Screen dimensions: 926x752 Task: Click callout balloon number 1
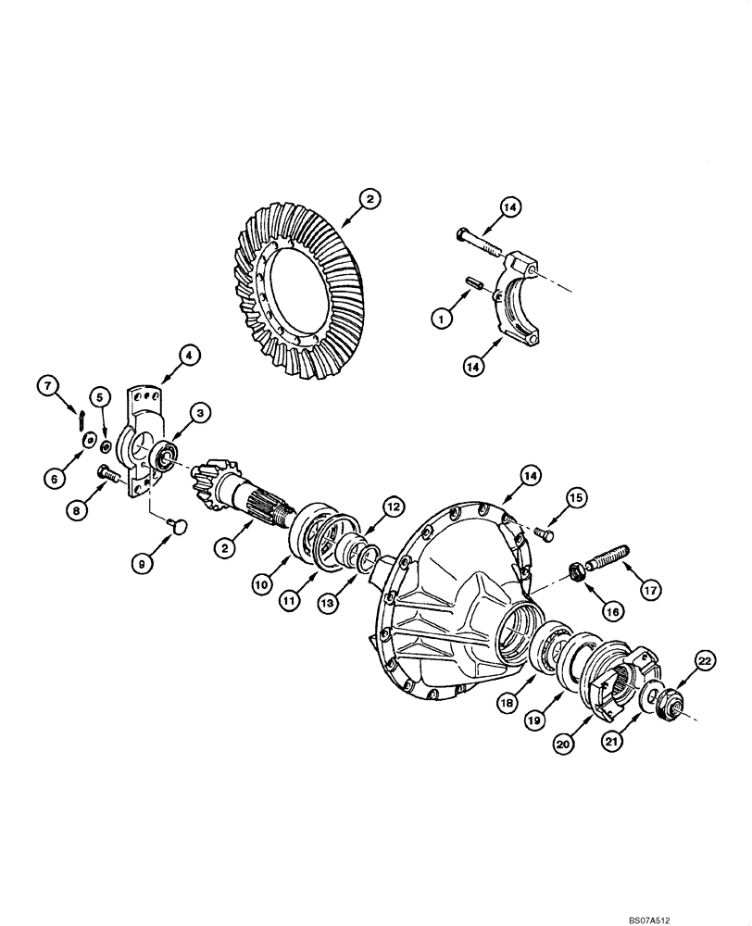pos(443,318)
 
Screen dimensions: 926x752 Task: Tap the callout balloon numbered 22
pos(706,660)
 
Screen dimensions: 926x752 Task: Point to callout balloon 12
pos(394,507)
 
